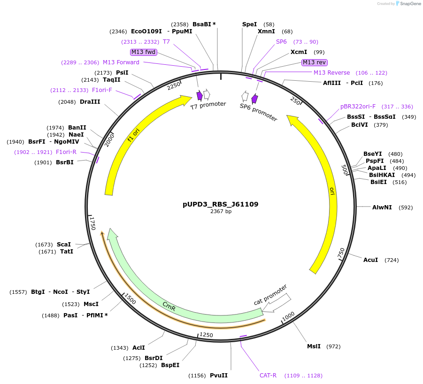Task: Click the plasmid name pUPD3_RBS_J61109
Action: pos(220,204)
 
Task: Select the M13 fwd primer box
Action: pos(144,52)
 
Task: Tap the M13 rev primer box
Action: pos(314,62)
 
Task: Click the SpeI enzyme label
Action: pos(249,24)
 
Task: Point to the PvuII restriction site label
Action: pos(219,376)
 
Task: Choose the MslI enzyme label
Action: pos(314,346)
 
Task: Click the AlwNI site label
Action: pos(382,207)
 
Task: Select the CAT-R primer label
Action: pos(268,376)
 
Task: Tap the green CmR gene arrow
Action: pos(169,307)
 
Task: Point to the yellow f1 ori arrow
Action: pos(134,136)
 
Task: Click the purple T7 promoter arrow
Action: pos(200,96)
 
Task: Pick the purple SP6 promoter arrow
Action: pos(254,99)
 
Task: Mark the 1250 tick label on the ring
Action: pos(206,335)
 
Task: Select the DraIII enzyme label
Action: pos(90,101)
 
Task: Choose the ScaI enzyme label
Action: pos(64,245)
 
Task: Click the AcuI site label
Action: pos(370,260)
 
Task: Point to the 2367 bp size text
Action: pos(220,212)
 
